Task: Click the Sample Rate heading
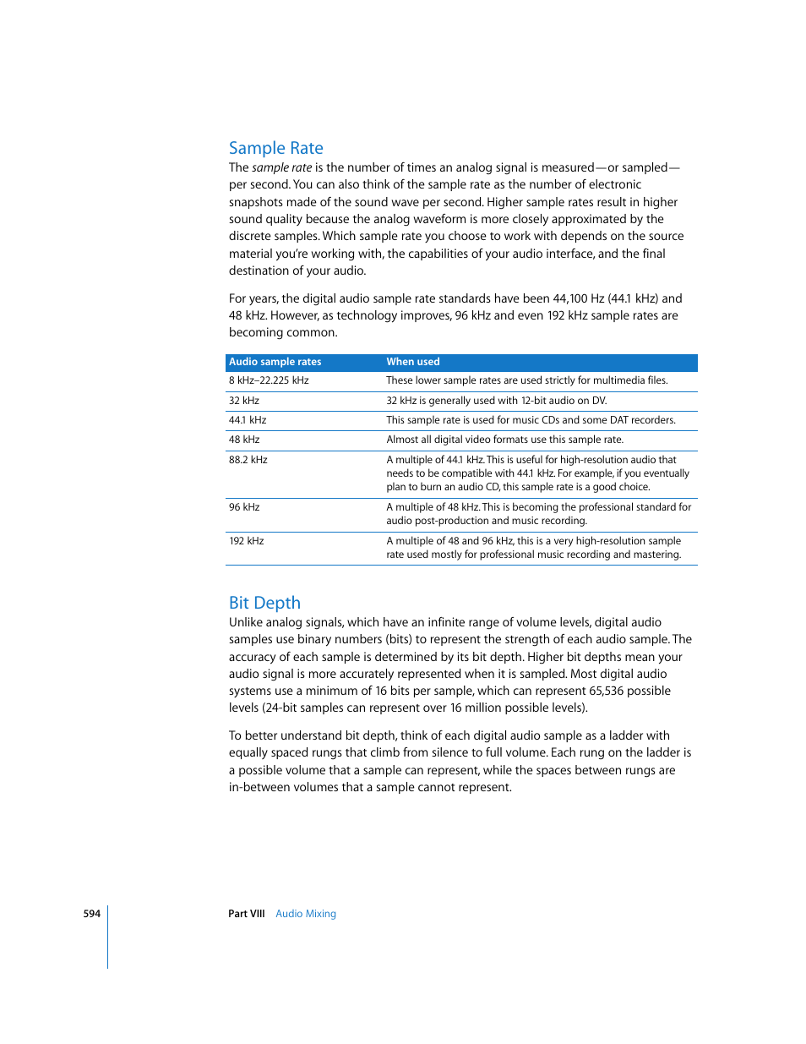(x=275, y=148)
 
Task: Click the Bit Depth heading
(x=264, y=603)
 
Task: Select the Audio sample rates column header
(x=275, y=362)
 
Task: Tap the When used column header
(x=413, y=362)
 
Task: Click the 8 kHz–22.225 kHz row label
(x=269, y=380)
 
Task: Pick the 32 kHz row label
(x=244, y=401)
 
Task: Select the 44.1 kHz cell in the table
(x=248, y=420)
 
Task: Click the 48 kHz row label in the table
(x=244, y=440)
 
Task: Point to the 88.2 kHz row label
(x=248, y=460)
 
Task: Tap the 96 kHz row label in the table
(x=244, y=507)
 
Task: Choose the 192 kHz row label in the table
(x=247, y=541)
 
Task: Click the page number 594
(x=91, y=914)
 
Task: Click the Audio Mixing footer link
(x=306, y=914)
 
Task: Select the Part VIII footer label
(x=246, y=914)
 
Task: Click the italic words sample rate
(x=281, y=168)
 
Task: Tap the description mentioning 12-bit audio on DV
(x=496, y=401)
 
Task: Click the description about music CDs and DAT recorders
(x=531, y=420)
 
